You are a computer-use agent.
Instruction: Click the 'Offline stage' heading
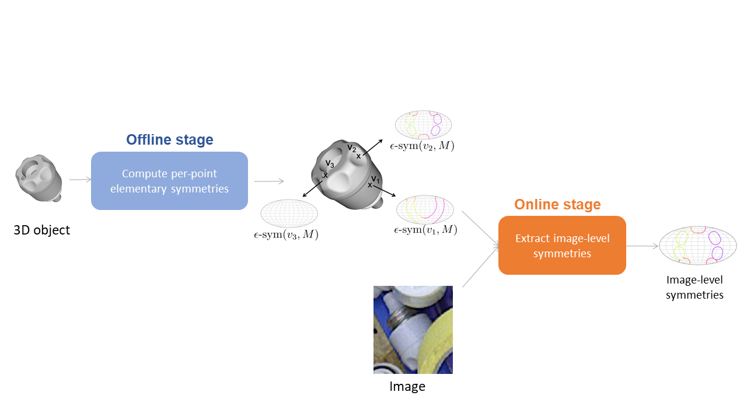170,140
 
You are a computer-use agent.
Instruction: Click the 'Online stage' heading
557,205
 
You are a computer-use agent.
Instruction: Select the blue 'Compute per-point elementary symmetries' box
169,181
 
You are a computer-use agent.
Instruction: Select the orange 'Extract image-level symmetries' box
562,246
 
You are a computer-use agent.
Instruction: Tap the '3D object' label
41,230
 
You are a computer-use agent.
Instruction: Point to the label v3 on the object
330,164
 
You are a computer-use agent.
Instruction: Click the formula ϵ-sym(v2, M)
422,146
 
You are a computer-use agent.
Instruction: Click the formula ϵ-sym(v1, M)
425,230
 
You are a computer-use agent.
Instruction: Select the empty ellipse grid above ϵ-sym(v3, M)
289,213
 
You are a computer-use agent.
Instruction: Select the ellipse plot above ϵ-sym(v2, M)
424,124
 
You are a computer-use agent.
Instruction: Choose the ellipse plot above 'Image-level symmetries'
697,245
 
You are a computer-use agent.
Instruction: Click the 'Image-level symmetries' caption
694,288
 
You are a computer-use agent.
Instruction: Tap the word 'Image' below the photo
407,386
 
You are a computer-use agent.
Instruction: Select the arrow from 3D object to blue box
80,180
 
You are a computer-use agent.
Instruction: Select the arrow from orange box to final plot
642,246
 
